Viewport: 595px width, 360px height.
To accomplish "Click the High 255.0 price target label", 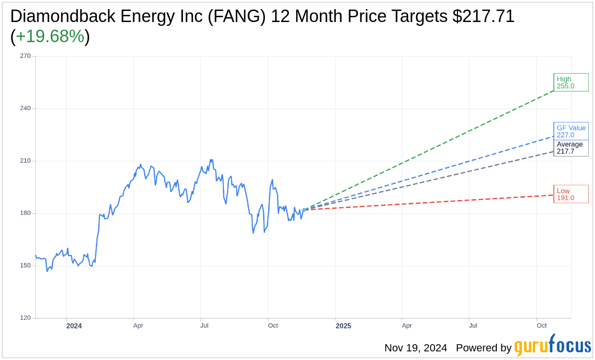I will coord(571,82).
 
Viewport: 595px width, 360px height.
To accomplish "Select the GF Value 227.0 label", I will coord(571,131).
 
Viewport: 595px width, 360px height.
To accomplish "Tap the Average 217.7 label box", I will coord(571,148).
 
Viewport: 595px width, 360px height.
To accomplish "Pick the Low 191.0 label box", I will coord(571,194).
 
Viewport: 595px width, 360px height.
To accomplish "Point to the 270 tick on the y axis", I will coord(25,56).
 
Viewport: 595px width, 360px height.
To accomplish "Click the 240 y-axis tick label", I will coord(25,108).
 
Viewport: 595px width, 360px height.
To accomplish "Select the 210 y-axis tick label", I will coord(25,161).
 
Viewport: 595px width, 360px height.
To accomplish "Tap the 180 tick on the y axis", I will coord(25,213).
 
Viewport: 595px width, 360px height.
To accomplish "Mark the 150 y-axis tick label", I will coord(25,266).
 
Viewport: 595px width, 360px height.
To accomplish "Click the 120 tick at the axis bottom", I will coord(25,318).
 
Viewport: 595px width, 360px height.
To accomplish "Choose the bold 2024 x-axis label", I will coord(74,326).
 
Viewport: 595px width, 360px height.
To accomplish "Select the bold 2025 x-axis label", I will coord(343,326).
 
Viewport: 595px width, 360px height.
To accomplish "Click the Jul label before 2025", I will coord(204,326).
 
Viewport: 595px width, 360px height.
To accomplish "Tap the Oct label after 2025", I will coord(541,326).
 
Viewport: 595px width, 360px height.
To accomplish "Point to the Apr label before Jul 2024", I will coord(138,326).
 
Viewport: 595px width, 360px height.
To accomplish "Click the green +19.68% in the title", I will coord(50,37).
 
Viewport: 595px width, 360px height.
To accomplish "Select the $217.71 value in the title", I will coord(483,17).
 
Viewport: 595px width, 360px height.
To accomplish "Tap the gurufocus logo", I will coord(552,346).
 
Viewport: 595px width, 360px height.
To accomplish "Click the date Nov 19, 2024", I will coord(415,348).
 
